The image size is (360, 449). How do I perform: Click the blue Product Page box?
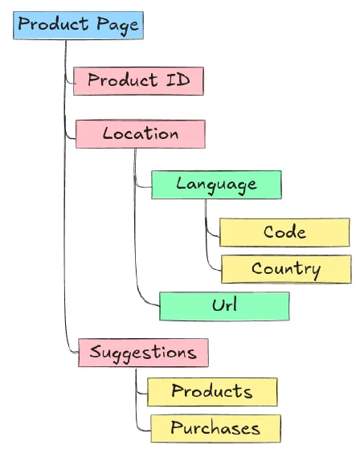[x=78, y=25]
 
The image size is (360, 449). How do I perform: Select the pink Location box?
[x=141, y=133]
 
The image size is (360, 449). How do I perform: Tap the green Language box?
[x=216, y=184]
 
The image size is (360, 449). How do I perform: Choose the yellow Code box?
[x=284, y=233]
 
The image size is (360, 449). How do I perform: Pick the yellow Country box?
[x=285, y=269]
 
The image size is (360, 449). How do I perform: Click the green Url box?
[x=224, y=306]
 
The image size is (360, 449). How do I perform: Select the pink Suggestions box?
[x=143, y=353]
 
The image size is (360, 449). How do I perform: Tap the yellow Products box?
[x=212, y=392]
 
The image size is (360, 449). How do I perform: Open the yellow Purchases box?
[x=215, y=428]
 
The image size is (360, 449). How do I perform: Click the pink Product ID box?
[x=137, y=81]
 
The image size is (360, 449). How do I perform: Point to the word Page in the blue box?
[x=118, y=25]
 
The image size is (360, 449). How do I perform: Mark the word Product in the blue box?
[x=51, y=25]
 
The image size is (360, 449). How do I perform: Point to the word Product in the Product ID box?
[x=122, y=81]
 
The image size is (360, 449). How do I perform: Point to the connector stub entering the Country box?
[x=214, y=271]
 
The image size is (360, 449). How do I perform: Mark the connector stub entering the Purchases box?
[x=142, y=428]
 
